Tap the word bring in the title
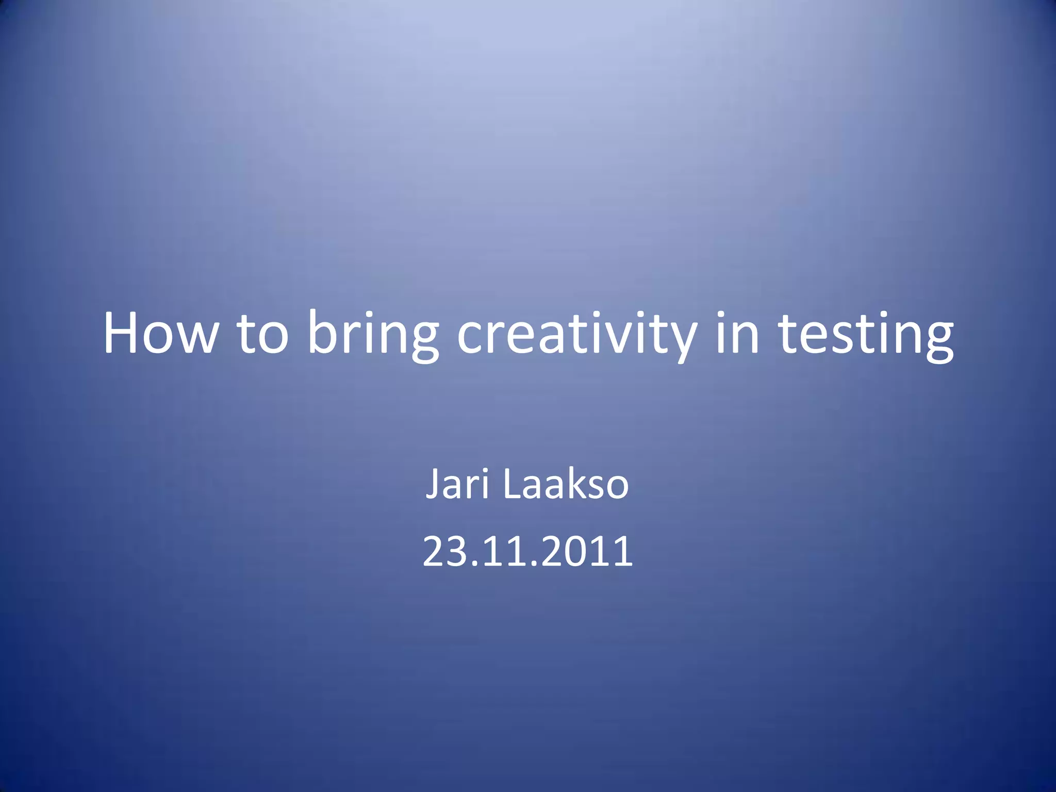pos(373,334)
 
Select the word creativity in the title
pos(577,334)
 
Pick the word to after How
pos(262,334)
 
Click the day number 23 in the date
pos(442,551)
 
